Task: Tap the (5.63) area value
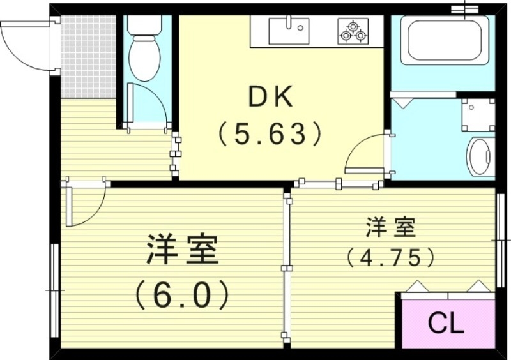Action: pos(269,134)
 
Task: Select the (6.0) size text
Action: pos(182,295)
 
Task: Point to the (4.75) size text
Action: pos(391,257)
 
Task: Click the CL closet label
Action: pos(445,324)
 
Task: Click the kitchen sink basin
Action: pos(289,31)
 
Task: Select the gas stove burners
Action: pos(353,31)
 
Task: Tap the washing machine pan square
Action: pos(478,115)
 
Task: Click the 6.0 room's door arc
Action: pos(86,204)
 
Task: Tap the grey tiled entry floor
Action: pos(89,55)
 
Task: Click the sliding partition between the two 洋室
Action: pos(287,268)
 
